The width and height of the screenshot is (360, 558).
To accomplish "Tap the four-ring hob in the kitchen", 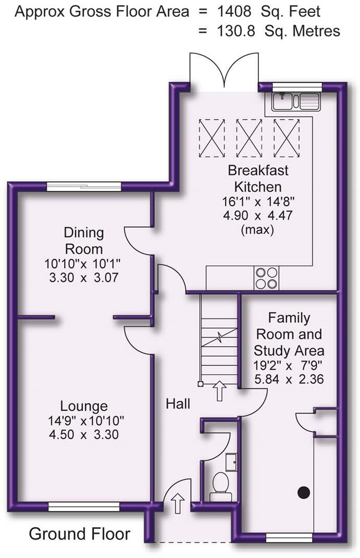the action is coord(267,278).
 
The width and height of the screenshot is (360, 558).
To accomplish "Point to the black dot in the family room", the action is coord(303,492).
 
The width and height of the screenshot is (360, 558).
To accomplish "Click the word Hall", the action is coord(178,403).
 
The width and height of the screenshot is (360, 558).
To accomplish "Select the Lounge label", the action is coord(84,406).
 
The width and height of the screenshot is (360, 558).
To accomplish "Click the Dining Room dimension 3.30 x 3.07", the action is coord(84,277).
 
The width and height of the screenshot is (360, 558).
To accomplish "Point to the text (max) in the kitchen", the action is coord(257,230).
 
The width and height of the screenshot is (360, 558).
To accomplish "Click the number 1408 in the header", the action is coord(234,12).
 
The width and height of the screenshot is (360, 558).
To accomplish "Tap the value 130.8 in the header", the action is coord(236,31).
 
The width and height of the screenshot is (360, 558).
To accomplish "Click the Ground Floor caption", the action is coord(80,534).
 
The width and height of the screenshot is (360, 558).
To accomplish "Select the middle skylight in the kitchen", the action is coord(249,138).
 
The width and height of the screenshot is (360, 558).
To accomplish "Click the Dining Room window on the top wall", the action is coord(84,187).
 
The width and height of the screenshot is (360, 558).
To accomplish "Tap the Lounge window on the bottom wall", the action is coord(84,507).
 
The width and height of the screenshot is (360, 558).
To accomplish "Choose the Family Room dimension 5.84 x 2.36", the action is coord(289,379).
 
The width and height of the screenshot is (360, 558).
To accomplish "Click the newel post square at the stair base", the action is coord(201,384).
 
